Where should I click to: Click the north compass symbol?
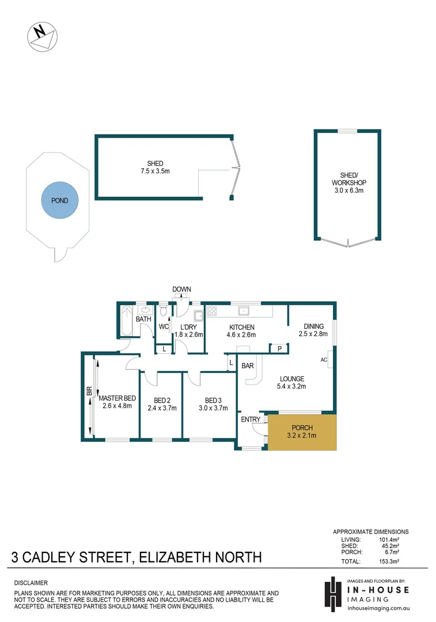pos(42,36)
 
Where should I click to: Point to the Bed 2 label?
pos(161,400)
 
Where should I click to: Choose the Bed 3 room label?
pos(213,400)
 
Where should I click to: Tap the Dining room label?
pos(313,326)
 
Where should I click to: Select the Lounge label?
pos(291,378)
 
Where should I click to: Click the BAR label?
pos(248,366)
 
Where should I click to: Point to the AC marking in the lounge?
pos(324,359)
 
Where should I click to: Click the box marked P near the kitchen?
pos(279,348)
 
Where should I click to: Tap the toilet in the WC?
pos(163,312)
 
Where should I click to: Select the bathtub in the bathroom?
pos(126,321)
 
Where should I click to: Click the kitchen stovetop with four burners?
pos(211,312)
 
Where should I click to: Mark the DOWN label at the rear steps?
pos(181,289)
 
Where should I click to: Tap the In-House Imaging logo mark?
pos(332,592)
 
